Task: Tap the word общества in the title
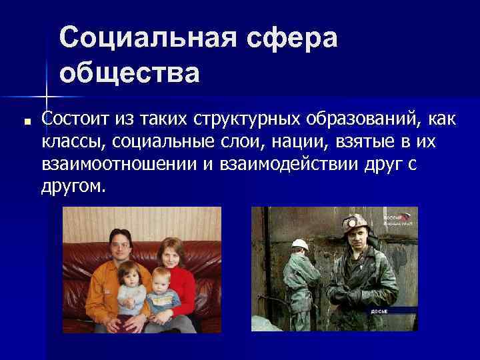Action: click(129, 73)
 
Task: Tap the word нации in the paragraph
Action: click(255, 141)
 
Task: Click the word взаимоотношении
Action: click(119, 164)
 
